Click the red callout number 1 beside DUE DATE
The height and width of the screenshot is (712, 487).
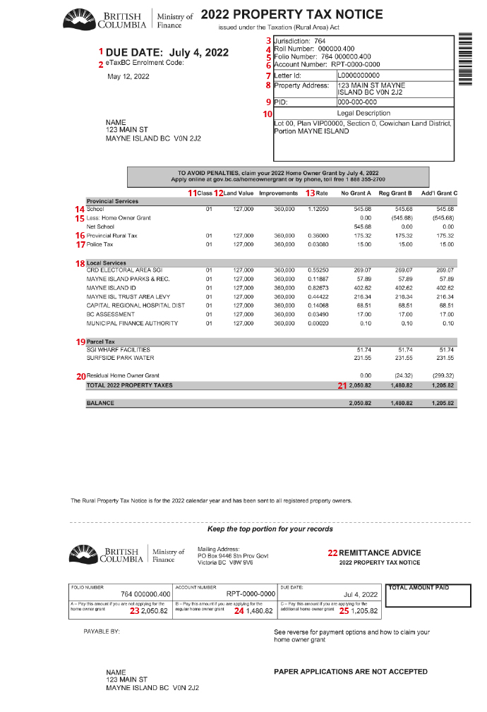[x=102, y=52]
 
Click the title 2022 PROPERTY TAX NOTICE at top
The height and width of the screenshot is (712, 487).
[x=291, y=15]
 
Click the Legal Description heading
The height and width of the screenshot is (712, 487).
[x=363, y=113]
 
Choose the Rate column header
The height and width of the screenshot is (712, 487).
[x=321, y=193]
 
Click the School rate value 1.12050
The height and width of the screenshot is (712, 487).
[x=318, y=209]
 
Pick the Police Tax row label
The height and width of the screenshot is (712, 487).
[x=100, y=244]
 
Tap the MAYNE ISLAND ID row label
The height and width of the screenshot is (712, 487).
[x=111, y=287]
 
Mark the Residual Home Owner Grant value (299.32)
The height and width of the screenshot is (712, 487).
[x=443, y=375]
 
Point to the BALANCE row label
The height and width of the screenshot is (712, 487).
[x=100, y=403]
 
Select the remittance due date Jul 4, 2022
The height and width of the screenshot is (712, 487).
[x=361, y=594]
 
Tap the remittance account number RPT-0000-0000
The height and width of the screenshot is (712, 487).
[x=251, y=594]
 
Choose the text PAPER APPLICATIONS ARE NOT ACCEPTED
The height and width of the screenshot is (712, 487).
[x=350, y=671]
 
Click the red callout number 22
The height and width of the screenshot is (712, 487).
[x=332, y=553]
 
